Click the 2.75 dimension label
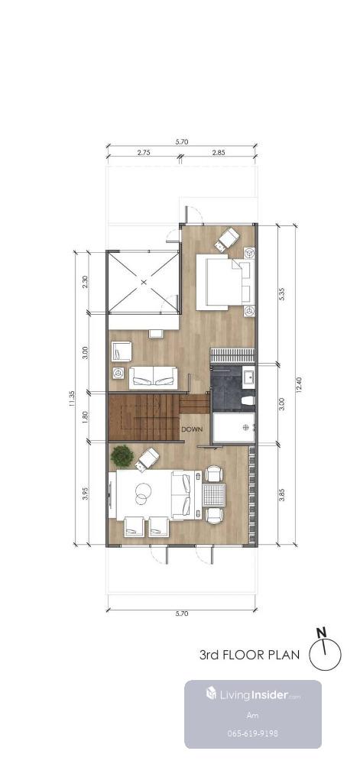[x=143, y=152]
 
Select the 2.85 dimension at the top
[x=219, y=152]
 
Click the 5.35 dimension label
[x=282, y=294]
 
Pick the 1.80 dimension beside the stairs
[x=85, y=417]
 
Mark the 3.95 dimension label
[x=85, y=494]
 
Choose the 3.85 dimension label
[x=282, y=493]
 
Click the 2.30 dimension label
[x=85, y=282]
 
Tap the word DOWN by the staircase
[x=192, y=429]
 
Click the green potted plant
[x=122, y=456]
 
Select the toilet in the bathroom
[x=248, y=400]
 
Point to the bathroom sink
[x=248, y=377]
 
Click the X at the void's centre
[x=143, y=282]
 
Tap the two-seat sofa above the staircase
[x=153, y=377]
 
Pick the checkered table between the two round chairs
[x=214, y=494]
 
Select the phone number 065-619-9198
[x=253, y=733]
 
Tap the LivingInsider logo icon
[x=212, y=694]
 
